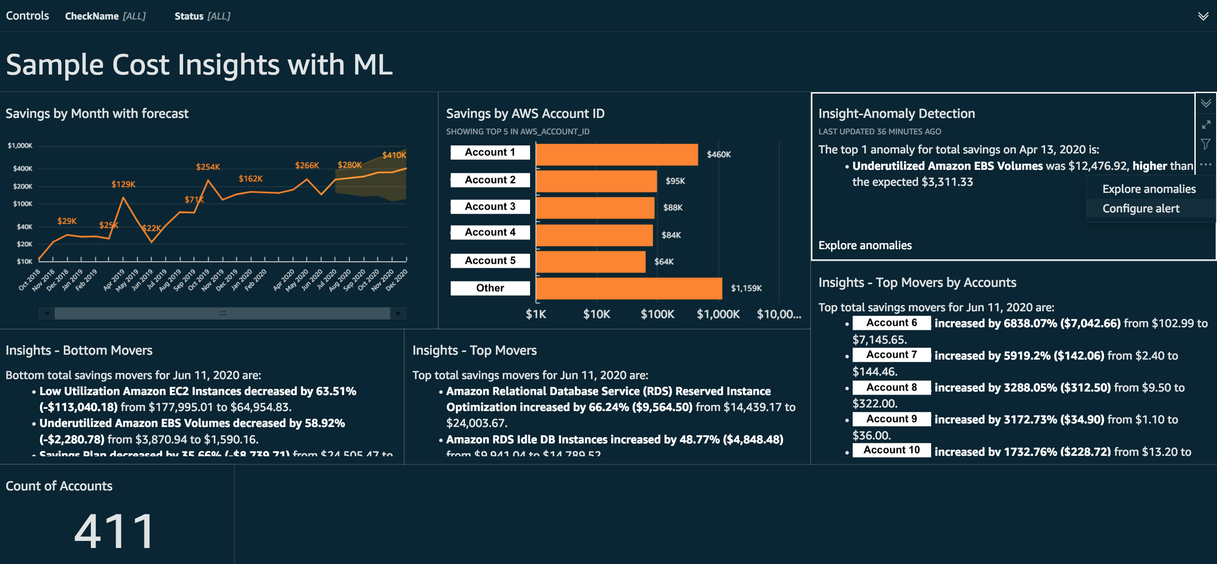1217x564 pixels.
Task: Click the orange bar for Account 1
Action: point(616,155)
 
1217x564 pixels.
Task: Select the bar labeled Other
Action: point(628,288)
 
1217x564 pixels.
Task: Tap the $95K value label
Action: point(675,181)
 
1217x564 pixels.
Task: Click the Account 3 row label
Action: point(490,207)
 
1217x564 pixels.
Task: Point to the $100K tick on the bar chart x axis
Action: point(657,314)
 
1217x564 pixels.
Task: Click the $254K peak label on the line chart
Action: point(208,167)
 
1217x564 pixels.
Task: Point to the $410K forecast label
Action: point(394,155)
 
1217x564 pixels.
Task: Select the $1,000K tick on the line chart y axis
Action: point(20,145)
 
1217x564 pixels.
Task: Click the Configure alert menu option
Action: point(1140,208)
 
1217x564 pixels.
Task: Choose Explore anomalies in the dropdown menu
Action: point(1148,189)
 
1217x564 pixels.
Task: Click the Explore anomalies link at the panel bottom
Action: point(865,245)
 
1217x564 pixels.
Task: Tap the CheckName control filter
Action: point(105,16)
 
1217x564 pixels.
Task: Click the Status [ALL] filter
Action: point(202,16)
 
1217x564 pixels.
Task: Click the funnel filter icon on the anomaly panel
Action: point(1205,144)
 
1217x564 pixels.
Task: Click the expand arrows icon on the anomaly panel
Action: point(1205,125)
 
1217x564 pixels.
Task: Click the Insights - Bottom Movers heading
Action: point(79,350)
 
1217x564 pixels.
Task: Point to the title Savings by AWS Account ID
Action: point(525,114)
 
